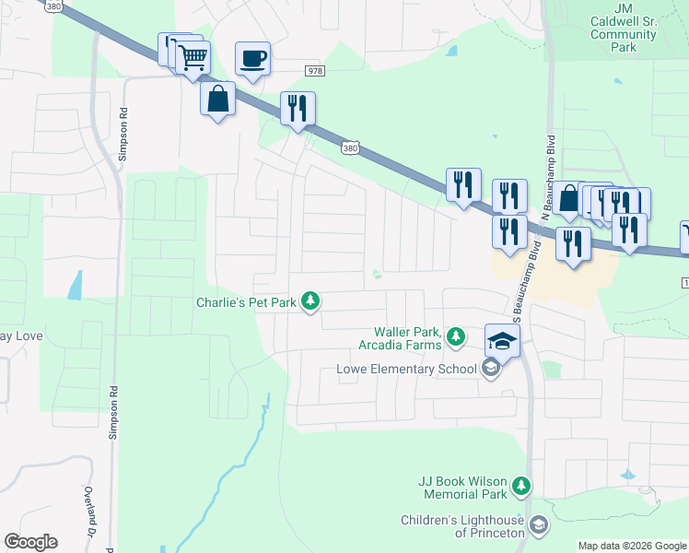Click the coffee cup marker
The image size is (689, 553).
click(x=252, y=59)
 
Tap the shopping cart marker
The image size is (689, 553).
click(x=193, y=58)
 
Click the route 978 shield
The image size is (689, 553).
click(x=316, y=70)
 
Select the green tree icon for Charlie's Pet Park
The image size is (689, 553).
click(x=311, y=301)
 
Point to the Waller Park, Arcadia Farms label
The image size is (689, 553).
click(x=408, y=338)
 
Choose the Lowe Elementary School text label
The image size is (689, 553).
click(x=405, y=370)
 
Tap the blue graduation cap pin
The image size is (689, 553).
click(x=503, y=341)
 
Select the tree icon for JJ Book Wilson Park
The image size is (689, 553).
click(x=521, y=485)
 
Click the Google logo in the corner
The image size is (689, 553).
click(x=30, y=542)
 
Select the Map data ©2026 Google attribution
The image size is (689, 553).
click(x=631, y=546)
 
